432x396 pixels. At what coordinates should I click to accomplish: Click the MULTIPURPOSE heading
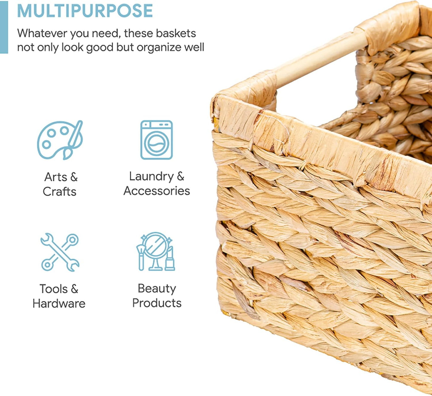click(85, 11)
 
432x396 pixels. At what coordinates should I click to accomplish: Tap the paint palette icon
click(59, 139)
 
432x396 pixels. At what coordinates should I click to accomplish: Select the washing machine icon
click(157, 140)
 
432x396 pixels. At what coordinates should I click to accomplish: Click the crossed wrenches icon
click(60, 252)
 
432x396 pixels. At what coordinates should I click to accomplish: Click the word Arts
click(56, 177)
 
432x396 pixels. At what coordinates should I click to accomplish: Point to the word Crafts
click(59, 192)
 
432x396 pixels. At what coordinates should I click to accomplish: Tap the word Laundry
click(151, 176)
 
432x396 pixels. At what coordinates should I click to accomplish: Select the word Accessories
click(157, 191)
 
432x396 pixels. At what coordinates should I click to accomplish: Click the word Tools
click(54, 289)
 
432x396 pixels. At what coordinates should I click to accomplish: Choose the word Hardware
click(59, 304)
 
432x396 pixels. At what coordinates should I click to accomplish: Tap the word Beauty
click(157, 289)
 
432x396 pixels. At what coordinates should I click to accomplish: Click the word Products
click(157, 303)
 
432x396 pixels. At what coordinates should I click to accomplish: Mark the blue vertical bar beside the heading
click(4, 27)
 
